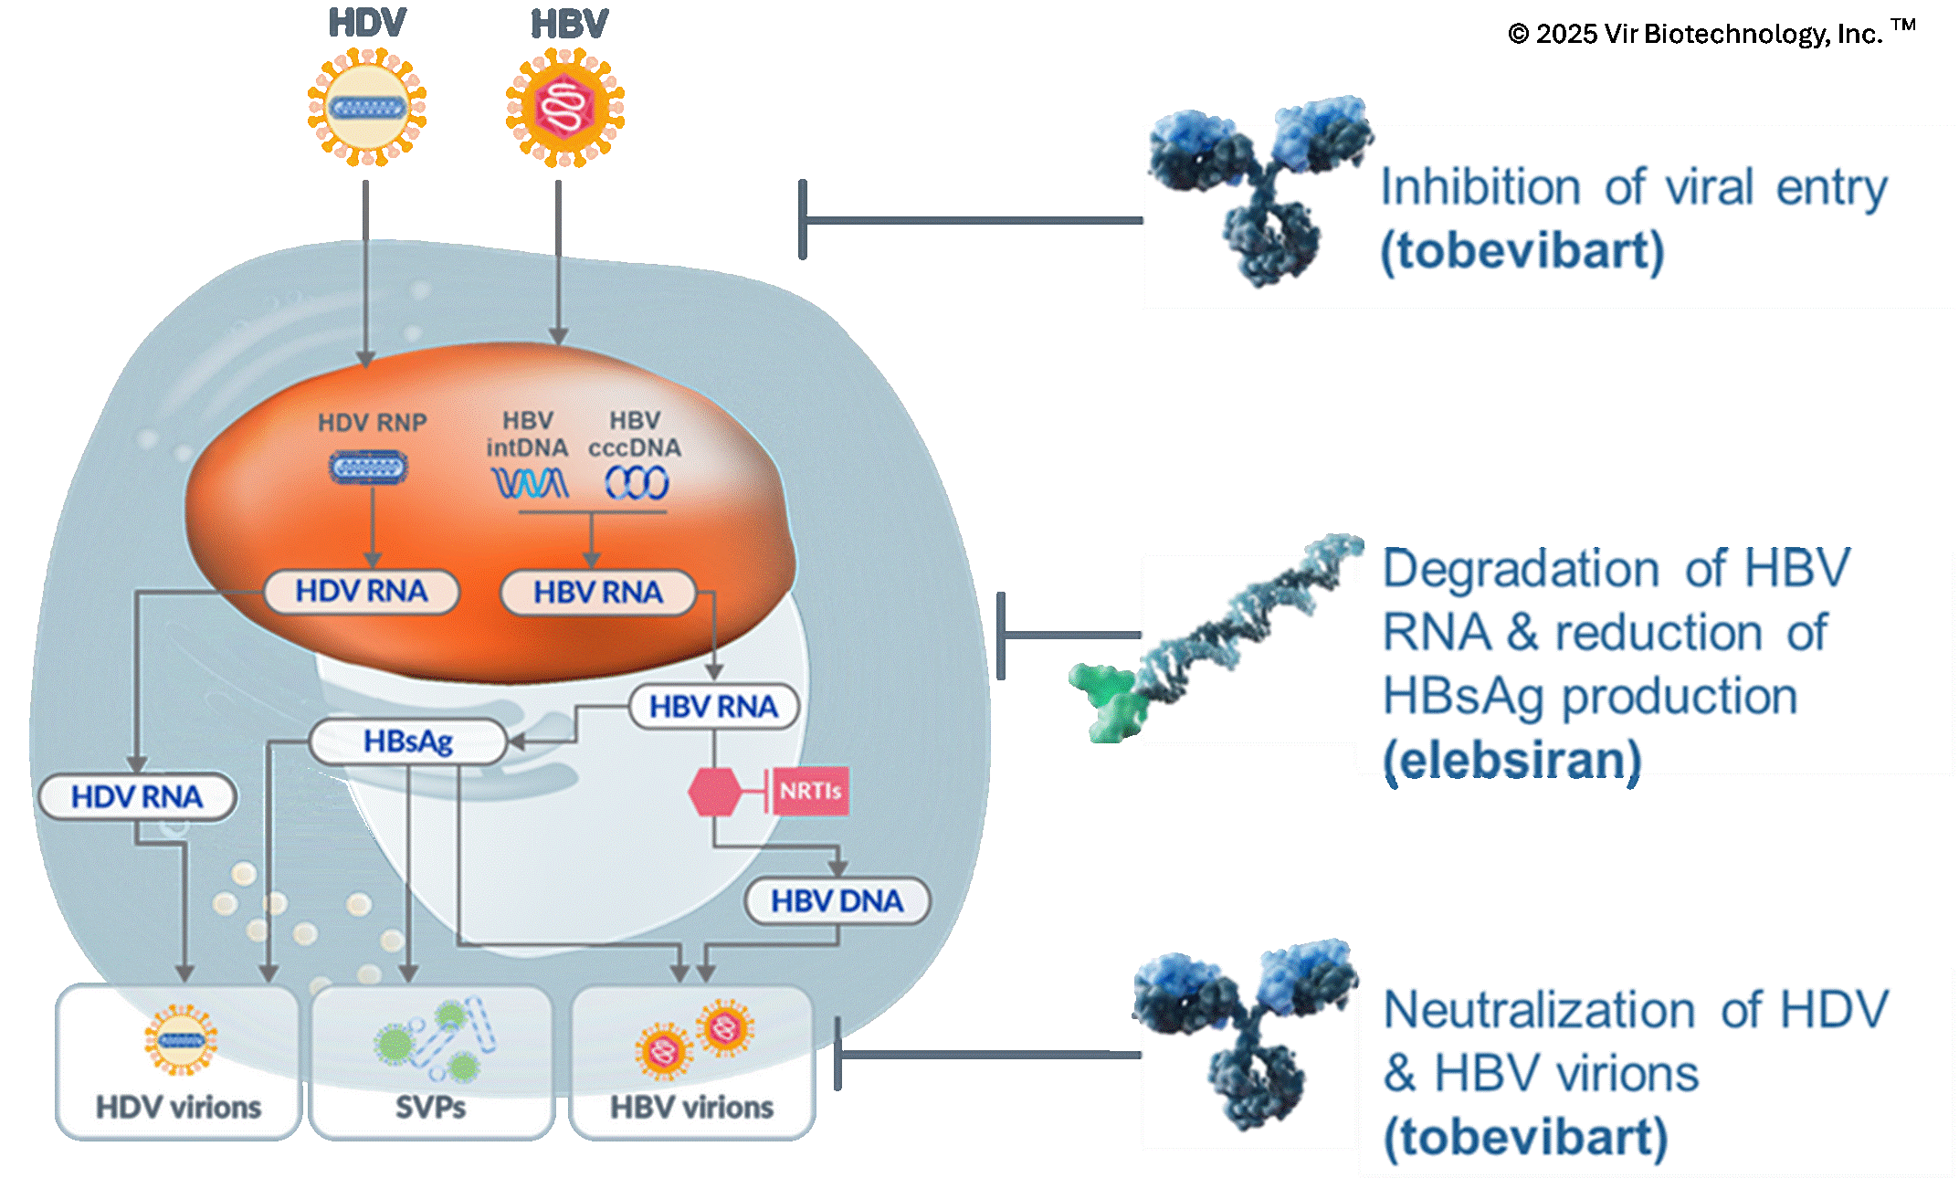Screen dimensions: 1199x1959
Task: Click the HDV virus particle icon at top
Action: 367,108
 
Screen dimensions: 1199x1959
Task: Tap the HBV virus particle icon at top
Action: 565,108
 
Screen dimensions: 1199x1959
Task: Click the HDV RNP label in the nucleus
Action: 372,423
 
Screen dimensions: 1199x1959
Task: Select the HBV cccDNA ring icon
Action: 637,482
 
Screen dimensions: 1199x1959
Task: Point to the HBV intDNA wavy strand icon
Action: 529,482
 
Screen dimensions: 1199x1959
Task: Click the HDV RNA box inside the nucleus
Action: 361,592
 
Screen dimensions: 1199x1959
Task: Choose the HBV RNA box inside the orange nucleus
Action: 598,593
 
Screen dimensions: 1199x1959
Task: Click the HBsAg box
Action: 407,741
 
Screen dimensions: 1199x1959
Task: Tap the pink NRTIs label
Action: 810,791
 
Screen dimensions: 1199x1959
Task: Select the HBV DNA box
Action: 837,901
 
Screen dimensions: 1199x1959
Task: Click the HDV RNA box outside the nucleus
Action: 137,797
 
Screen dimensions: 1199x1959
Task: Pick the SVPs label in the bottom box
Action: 430,1108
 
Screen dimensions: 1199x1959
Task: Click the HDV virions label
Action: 178,1108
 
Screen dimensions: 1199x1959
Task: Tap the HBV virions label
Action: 691,1108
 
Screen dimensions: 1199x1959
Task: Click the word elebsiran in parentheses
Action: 1511,760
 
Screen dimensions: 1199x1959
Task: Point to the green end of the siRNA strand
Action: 1107,699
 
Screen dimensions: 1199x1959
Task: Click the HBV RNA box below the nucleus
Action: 713,707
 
